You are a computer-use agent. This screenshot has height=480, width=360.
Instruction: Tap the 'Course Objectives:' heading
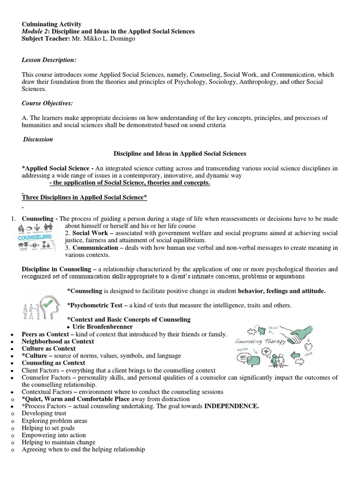pos(47,103)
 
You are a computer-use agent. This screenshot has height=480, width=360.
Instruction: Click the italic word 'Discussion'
pos(38,139)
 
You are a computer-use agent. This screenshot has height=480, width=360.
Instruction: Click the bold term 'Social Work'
pos(89,233)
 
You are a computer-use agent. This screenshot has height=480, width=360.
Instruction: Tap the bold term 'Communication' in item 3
pos(95,247)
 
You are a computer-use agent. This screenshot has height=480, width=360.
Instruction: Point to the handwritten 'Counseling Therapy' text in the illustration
pos(260,342)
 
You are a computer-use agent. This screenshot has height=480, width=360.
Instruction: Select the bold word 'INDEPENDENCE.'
pos(232,406)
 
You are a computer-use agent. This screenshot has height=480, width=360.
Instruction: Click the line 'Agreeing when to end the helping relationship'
pos(83,450)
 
